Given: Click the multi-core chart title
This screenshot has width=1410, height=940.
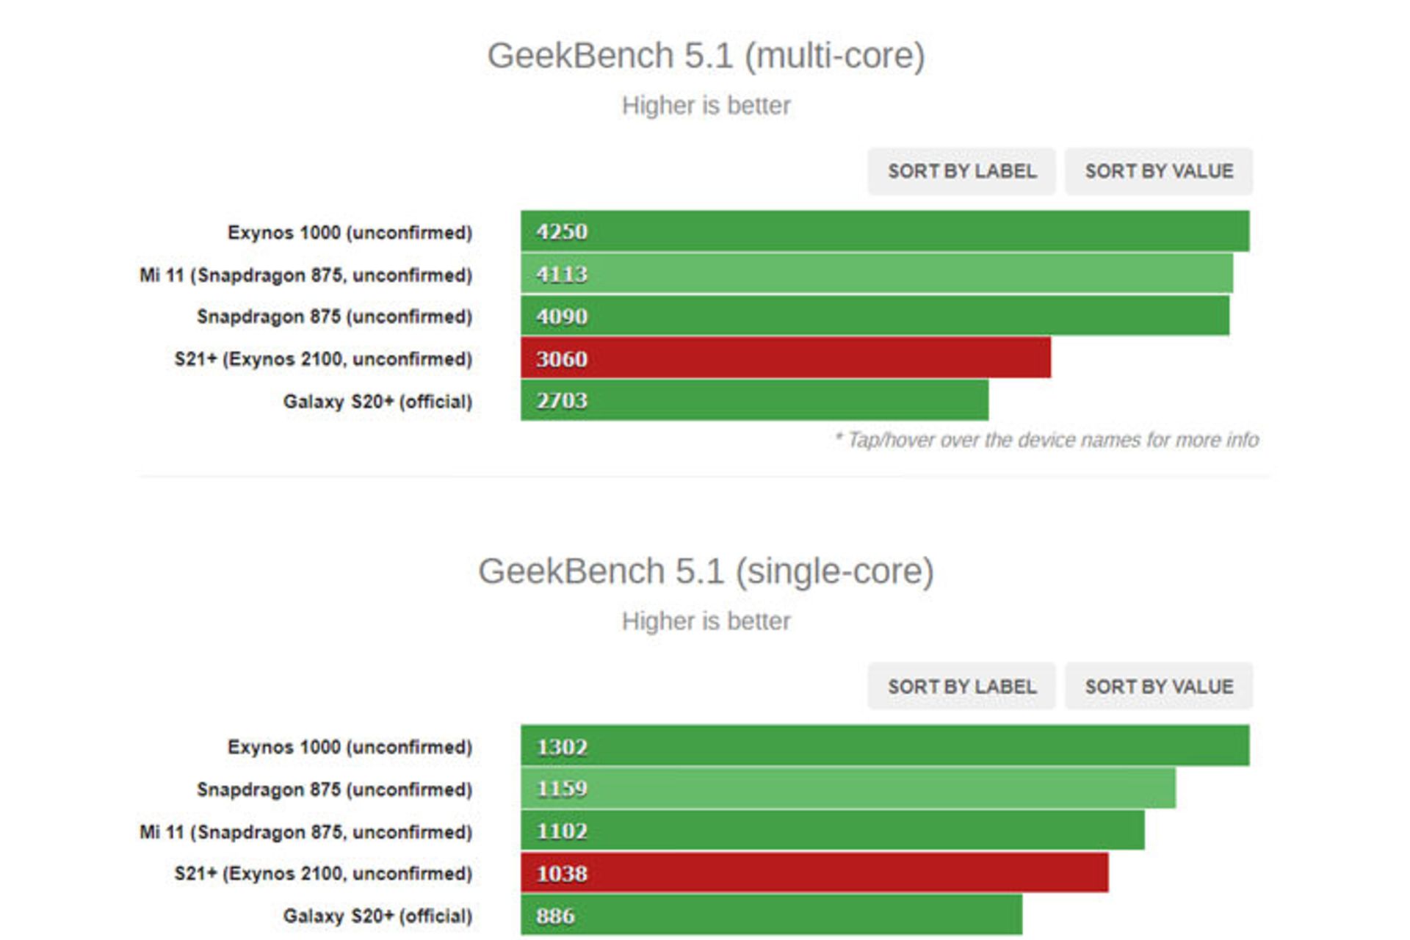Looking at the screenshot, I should tap(706, 57).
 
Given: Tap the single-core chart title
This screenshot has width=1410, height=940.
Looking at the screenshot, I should tap(706, 572).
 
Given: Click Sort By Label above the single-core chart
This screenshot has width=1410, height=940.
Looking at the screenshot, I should tap(961, 687).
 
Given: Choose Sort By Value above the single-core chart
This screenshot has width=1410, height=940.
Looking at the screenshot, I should tap(1159, 687).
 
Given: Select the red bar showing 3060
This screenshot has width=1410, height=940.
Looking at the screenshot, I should tap(786, 358).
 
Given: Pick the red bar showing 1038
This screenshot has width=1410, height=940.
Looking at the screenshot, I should tap(814, 873).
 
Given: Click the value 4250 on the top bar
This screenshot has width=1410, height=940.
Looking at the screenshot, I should tap(562, 232).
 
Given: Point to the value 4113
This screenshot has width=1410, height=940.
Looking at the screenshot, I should tap(562, 275).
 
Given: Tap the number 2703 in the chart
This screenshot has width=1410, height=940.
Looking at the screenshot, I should tap(562, 401).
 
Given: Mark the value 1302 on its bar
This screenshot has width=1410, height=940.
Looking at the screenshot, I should tap(562, 747).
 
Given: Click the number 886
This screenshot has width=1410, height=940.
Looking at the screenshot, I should tap(555, 916).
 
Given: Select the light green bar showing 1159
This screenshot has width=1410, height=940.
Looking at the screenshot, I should tap(848, 789).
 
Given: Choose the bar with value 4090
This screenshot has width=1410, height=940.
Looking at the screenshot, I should tap(875, 317).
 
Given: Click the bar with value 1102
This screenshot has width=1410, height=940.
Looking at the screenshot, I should tap(832, 831).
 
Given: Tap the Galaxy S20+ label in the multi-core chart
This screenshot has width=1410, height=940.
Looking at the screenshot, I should tap(377, 402).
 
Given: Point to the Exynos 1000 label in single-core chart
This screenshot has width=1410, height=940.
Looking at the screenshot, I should tap(350, 747).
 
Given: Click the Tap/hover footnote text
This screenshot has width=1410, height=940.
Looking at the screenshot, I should tap(1046, 440).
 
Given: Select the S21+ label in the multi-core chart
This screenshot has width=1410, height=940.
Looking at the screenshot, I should tap(323, 359).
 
